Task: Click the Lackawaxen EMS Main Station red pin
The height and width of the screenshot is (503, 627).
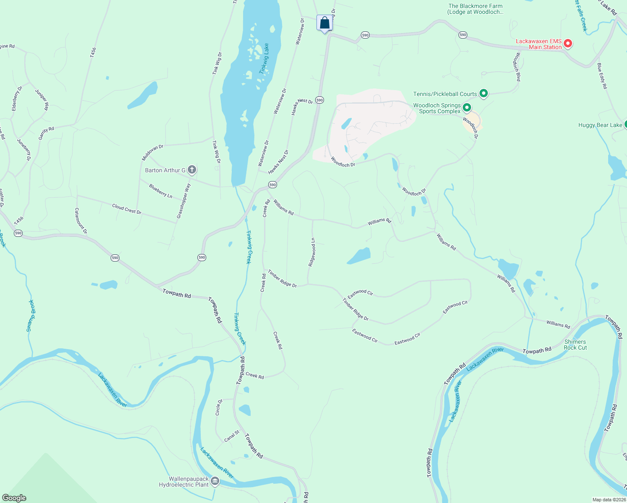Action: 568,43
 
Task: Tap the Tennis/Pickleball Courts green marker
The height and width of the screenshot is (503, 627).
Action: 484,93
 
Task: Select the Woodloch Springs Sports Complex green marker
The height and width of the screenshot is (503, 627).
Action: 466,109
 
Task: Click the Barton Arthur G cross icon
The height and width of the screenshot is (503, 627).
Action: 192,170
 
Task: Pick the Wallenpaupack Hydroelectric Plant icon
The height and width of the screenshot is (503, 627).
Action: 215,481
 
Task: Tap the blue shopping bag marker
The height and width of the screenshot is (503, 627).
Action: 324,23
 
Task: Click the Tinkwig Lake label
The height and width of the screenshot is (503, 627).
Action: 264,59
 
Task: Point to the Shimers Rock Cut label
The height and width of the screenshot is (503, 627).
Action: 575,345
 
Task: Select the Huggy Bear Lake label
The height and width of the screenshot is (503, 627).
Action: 600,125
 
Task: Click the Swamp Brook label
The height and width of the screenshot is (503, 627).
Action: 30,315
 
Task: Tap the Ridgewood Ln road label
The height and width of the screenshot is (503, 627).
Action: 312,252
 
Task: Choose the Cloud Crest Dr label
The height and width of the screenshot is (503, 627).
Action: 127,209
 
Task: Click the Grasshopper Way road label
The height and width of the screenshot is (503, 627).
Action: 184,201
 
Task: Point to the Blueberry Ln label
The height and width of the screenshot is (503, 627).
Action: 161,191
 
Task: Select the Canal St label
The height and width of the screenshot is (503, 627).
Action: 232,436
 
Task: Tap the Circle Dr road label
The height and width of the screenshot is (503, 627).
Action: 219,407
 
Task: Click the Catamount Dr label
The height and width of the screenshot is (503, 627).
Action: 81,220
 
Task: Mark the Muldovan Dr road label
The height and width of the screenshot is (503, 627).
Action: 152,153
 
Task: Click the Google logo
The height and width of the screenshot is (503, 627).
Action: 14,498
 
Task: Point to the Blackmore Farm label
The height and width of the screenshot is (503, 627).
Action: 475,9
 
